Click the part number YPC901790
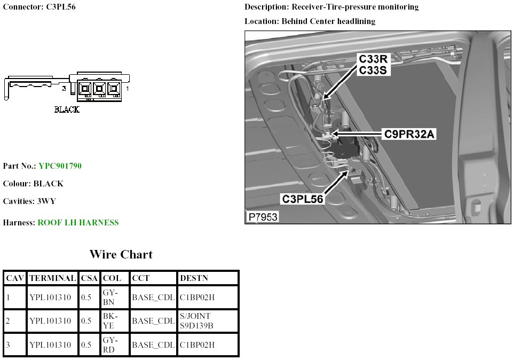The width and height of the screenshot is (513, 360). (60, 166)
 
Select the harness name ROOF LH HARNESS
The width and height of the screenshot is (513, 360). (78, 222)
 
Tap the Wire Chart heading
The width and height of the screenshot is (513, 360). (121, 254)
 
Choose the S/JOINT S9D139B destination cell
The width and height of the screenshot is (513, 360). (196, 321)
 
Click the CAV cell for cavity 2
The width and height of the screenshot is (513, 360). (9, 321)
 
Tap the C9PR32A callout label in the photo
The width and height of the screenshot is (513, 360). (410, 135)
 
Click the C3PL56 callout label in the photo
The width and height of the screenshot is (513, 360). (303, 199)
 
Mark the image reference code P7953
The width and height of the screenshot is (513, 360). (263, 217)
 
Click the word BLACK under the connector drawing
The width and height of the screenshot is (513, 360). (67, 109)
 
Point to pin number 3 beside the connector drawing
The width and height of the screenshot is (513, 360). (64, 88)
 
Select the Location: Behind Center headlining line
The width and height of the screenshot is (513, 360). (310, 21)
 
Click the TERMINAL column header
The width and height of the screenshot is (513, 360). (52, 278)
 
